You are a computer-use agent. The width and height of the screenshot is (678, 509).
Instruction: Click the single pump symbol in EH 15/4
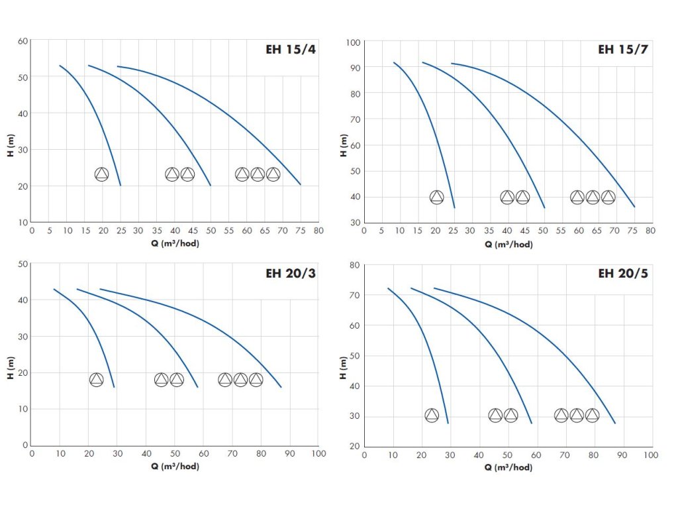tap(101, 174)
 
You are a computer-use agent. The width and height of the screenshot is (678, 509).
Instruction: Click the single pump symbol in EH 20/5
tap(432, 416)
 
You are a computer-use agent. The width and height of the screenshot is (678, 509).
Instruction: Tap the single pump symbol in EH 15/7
tap(436, 197)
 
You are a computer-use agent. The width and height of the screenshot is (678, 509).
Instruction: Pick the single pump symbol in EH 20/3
tap(97, 380)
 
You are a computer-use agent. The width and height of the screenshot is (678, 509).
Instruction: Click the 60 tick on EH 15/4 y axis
tap(23, 41)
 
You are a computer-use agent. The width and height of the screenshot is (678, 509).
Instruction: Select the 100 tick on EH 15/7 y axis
tap(353, 42)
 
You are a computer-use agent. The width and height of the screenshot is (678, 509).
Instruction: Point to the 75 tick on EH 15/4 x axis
tap(301, 231)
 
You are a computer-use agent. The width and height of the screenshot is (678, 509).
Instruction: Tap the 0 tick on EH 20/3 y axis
tap(25, 445)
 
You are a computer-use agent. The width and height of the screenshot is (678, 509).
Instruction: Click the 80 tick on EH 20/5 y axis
tap(355, 265)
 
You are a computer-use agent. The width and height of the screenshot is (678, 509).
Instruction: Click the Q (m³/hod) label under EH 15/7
tap(508, 244)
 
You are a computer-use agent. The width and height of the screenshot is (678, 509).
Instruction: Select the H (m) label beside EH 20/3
tap(11, 366)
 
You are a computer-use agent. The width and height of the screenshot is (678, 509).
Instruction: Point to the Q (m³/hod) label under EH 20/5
tap(508, 467)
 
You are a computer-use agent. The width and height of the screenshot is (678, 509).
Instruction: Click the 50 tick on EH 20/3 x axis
tap(175, 455)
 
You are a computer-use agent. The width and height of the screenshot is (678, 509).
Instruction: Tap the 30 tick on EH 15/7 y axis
tap(355, 223)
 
